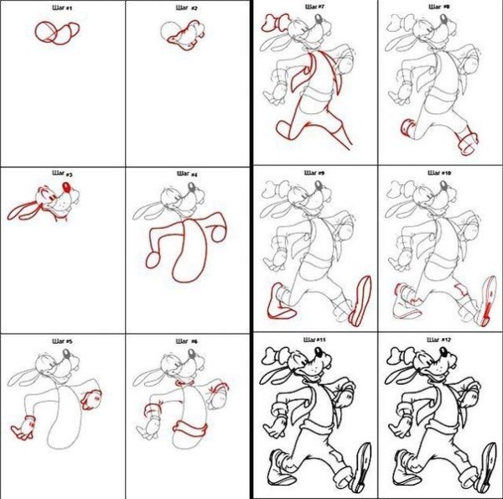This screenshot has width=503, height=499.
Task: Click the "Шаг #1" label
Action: (63, 8)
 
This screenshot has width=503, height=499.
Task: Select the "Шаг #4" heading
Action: (188, 174)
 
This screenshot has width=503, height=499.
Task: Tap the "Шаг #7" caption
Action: (315, 6)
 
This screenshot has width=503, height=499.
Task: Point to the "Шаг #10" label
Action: (440, 172)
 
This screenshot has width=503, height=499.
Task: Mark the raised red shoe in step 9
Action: (362, 300)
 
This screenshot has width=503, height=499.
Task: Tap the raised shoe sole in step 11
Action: (363, 466)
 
